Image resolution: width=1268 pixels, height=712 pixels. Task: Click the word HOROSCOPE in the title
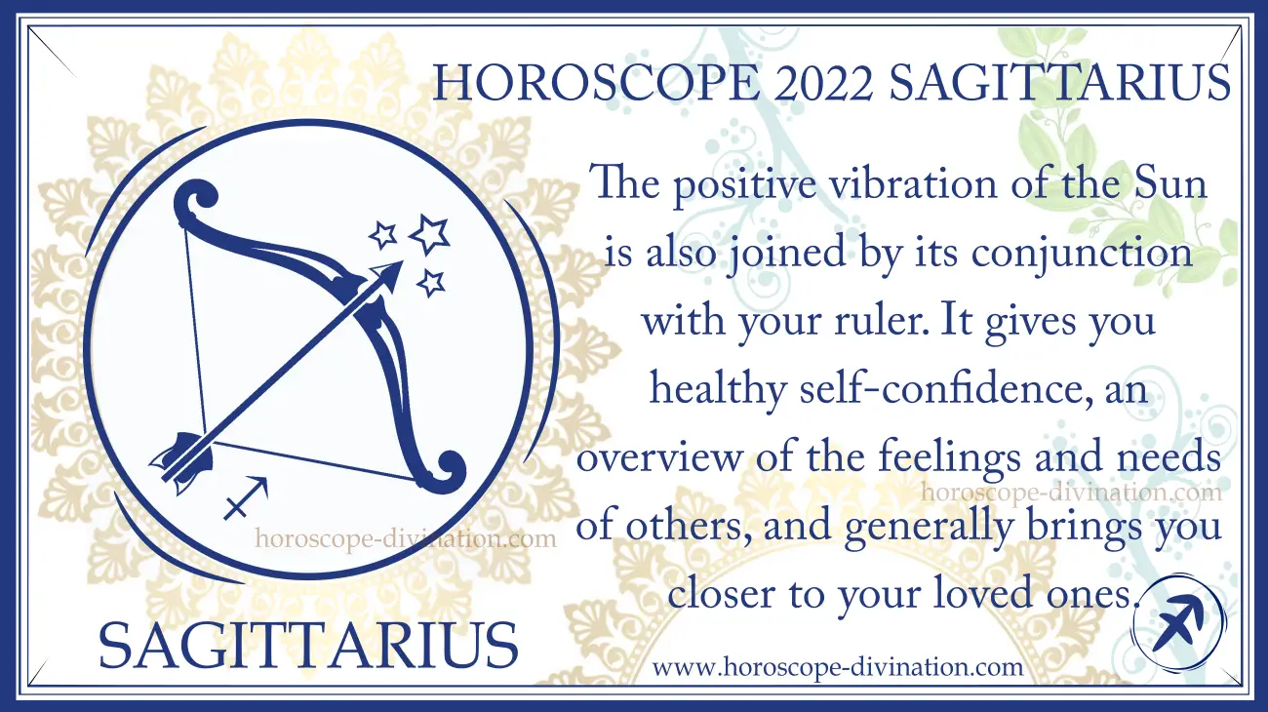[x=594, y=84]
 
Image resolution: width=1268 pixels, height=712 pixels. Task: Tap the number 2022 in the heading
[x=822, y=84]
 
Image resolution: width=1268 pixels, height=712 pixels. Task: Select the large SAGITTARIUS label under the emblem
[x=308, y=645]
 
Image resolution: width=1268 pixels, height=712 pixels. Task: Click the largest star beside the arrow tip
[x=429, y=234]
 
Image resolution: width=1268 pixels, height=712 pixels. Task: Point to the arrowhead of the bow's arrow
[x=389, y=274]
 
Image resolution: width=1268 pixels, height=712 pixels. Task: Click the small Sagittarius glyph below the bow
[x=246, y=498]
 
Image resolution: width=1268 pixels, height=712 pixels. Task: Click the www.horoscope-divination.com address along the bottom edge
[x=838, y=667]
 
